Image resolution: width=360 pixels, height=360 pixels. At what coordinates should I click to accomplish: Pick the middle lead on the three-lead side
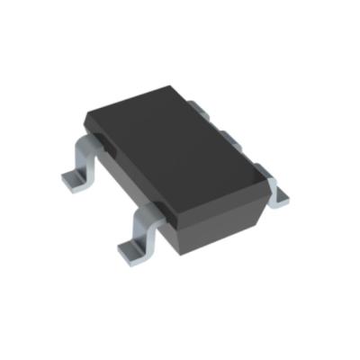click(229, 137)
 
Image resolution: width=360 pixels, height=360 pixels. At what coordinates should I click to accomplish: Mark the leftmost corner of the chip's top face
click(85, 116)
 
